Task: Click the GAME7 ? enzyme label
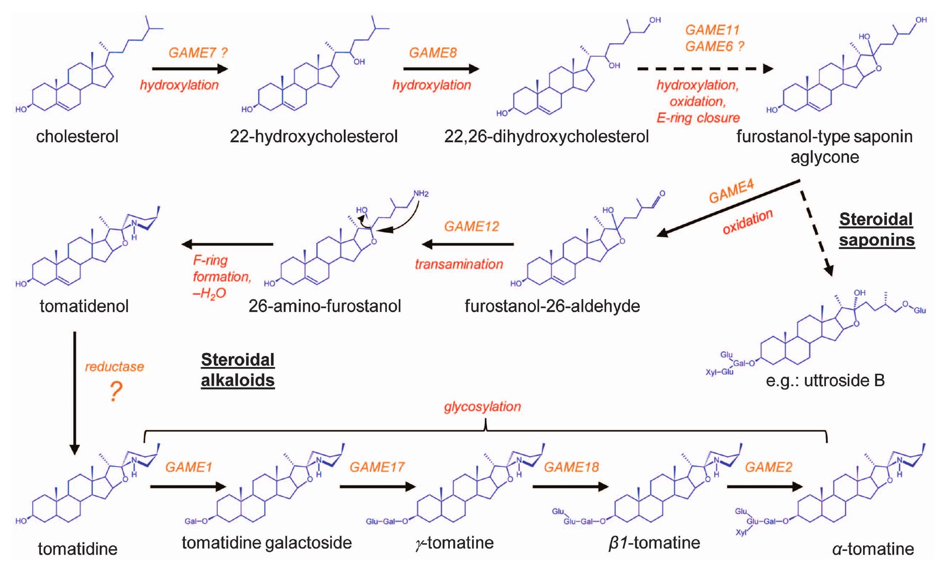tap(198, 53)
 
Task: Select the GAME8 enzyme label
tap(432, 53)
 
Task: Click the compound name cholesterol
tap(77, 137)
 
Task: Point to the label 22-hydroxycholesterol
tap(314, 137)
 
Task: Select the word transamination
tap(459, 264)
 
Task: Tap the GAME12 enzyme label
tap(471, 226)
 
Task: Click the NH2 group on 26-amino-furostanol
tap(420, 194)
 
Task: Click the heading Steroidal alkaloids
tap(238, 370)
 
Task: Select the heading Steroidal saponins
tap(876, 229)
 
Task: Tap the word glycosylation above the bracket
tap(482, 407)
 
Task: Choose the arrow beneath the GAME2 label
tap(765, 487)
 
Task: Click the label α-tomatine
tap(873, 549)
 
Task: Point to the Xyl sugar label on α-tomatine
tap(741, 533)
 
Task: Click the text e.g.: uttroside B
tap(825, 380)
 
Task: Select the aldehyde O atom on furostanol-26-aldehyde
tap(662, 194)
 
